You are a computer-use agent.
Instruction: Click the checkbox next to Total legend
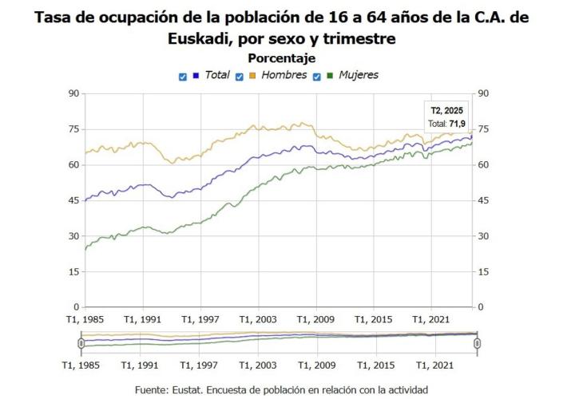[x=183, y=77]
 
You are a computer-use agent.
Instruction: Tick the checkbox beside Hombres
[x=240, y=77]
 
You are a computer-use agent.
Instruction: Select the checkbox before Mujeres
[x=317, y=77]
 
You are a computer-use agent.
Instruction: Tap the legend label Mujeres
[x=357, y=75]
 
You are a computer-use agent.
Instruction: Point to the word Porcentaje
[x=281, y=58]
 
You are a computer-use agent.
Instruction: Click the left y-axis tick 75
[x=73, y=129]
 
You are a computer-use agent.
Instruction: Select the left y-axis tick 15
[x=73, y=271]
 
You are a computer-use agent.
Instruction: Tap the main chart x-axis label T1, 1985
[x=84, y=319]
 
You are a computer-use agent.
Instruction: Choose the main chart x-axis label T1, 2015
[x=374, y=319]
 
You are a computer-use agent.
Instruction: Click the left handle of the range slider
[x=81, y=343]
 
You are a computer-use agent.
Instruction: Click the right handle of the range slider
[x=477, y=343]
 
